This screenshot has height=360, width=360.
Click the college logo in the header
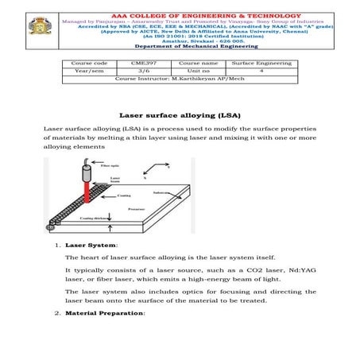click(36, 29)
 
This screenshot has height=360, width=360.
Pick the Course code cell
click(88, 63)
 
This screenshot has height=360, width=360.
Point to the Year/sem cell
click(88, 71)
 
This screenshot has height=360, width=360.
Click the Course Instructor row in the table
click(180, 79)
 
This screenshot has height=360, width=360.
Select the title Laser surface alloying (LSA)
click(180, 114)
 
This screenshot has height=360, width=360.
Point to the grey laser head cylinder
click(86, 174)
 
